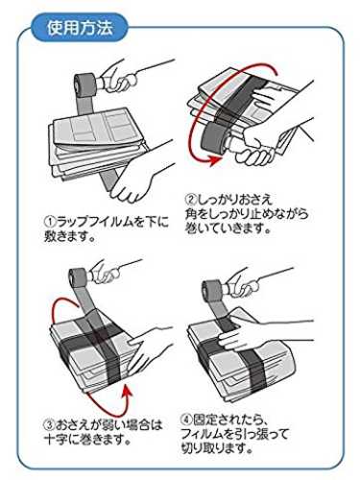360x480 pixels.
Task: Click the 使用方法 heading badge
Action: point(80,28)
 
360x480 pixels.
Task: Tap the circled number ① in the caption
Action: point(50,222)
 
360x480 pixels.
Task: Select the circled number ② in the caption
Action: point(191,200)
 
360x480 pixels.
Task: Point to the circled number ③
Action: point(50,425)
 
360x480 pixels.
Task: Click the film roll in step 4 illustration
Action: point(213,290)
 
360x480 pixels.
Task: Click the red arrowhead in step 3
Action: point(128,392)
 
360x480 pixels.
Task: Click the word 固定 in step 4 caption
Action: point(205,419)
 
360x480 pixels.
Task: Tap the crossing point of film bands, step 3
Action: point(97,335)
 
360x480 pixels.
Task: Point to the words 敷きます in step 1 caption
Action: point(66,236)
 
